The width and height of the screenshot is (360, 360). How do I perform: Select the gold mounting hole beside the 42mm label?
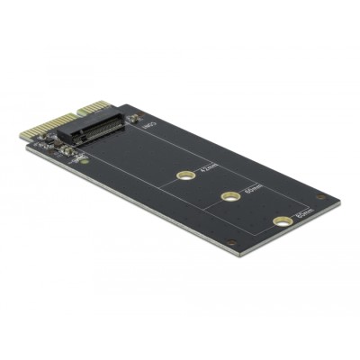[184, 175]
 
